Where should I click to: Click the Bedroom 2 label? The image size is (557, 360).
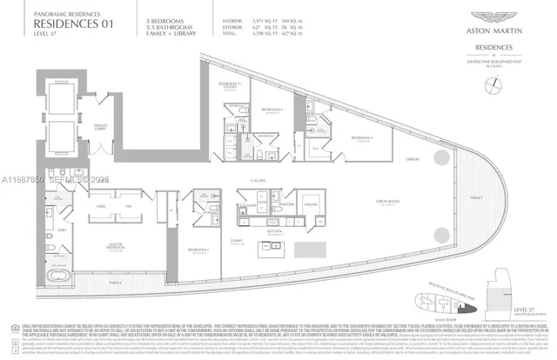pyautogui.click(x=199, y=250)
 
